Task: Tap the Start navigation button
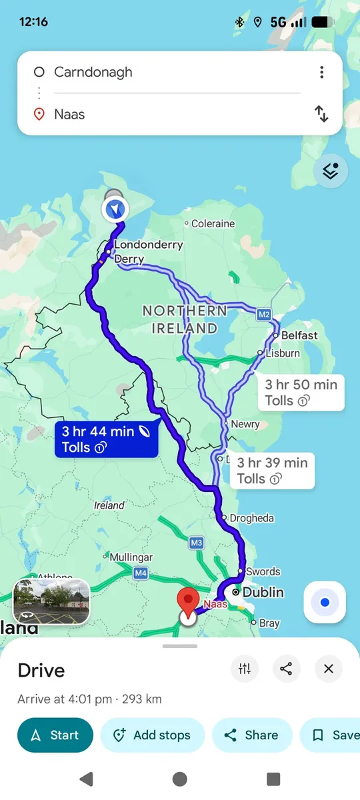coord(55,735)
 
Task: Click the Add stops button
coord(153,735)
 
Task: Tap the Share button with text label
coord(252,735)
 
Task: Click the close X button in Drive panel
coord(328,669)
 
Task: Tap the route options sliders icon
coord(245,669)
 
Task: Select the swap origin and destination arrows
coord(321,114)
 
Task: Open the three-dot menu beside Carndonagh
coord(321,72)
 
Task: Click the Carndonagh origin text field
coord(167,72)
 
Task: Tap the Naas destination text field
coord(167,114)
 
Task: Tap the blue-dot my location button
coord(325,602)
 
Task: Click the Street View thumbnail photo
coord(51,601)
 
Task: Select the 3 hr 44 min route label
coord(107,439)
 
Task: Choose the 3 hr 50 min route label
coord(301,393)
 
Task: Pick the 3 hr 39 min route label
coord(272,471)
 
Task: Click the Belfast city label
coord(299,335)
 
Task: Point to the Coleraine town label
coord(212,224)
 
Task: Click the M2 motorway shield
coord(264,314)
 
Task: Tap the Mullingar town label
coord(131,557)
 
